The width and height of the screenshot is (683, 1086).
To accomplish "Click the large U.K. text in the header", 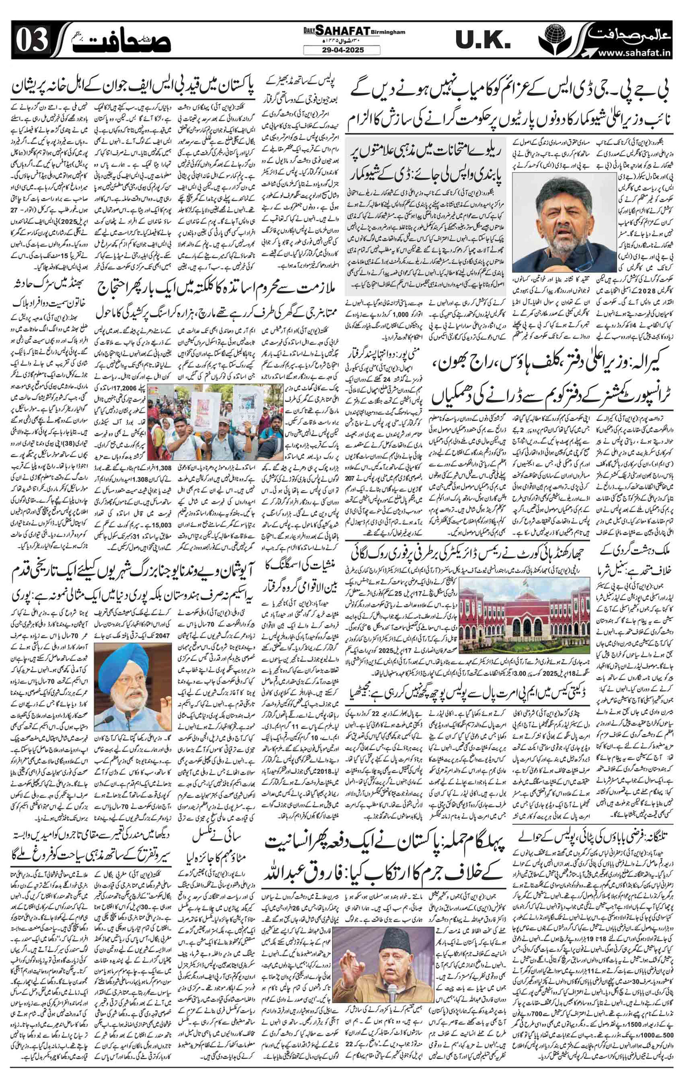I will tap(482, 40).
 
